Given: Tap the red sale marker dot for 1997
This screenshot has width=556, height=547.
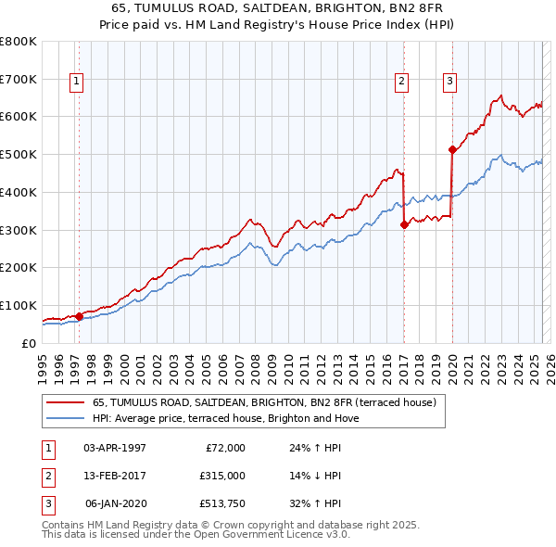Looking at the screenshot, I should [79, 316].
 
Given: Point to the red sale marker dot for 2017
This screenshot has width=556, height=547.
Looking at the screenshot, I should [404, 224].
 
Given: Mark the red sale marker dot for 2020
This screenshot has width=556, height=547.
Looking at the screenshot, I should [452, 149].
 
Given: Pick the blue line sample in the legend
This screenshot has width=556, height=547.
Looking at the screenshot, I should [65, 418].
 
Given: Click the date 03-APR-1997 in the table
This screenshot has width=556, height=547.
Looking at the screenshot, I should [115, 448].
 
